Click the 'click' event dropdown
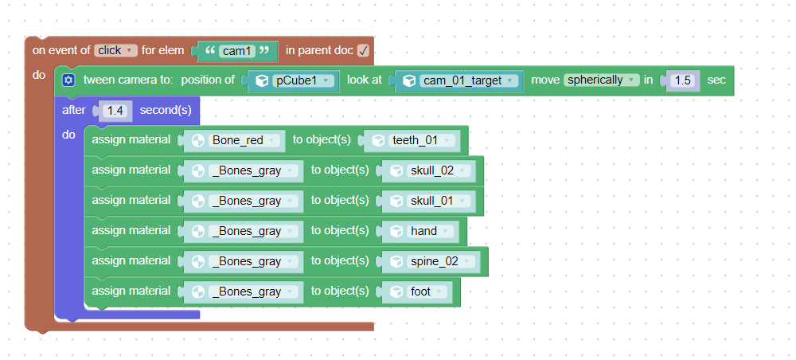coord(115,50)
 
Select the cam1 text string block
coord(237,51)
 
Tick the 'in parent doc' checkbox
coord(363,51)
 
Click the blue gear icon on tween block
coord(68,80)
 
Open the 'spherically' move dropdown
coord(601,80)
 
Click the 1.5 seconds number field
coord(682,80)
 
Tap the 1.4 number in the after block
coord(115,110)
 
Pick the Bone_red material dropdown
coord(244,140)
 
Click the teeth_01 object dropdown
coord(421,140)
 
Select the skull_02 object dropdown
coord(439,170)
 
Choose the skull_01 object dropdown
coord(439,201)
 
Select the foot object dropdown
coord(427,292)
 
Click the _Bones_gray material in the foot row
coord(253,292)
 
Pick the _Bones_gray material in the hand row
coord(253,231)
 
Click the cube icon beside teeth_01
coord(378,141)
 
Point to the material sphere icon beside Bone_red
coord(198,141)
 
